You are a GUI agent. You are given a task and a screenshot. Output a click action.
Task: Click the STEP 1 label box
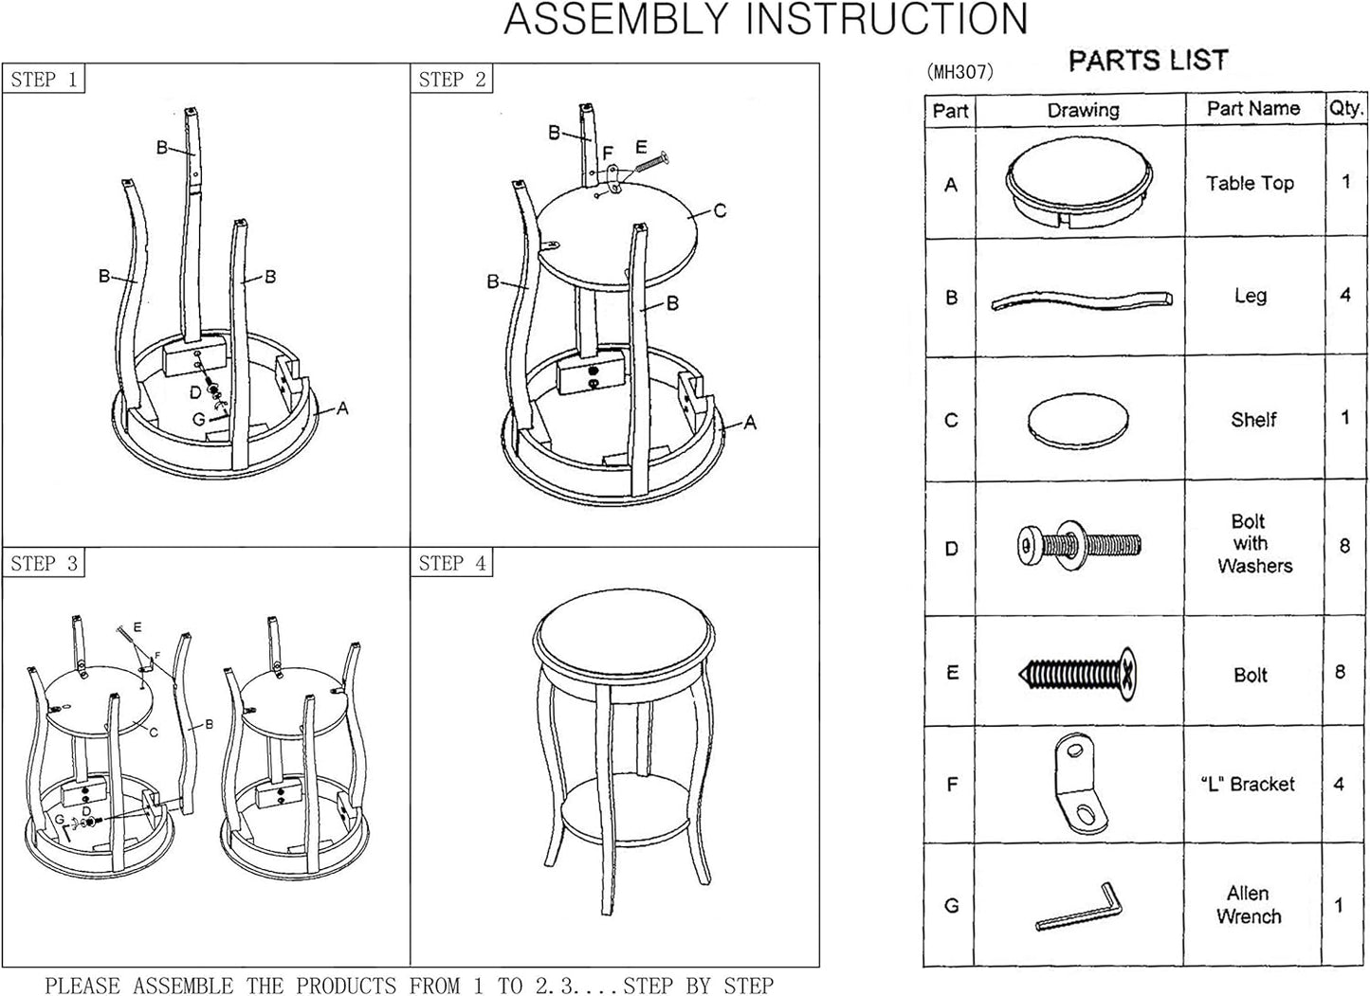44,79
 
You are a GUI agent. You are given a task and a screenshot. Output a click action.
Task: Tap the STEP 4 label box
452,563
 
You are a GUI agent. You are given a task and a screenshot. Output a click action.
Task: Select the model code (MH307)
960,72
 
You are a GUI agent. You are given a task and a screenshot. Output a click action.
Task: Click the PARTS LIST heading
1148,60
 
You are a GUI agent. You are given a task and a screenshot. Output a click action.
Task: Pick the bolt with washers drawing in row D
1079,545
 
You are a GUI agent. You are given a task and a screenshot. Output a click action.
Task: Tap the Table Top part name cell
1250,183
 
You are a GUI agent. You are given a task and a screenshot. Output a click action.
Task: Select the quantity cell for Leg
1345,296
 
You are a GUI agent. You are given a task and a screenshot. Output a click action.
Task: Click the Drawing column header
1083,110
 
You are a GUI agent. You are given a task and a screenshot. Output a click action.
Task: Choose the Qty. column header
1345,109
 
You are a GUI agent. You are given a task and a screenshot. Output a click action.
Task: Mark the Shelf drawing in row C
1078,420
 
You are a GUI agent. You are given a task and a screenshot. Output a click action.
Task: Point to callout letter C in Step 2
720,211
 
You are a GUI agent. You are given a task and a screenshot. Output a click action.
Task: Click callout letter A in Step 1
342,407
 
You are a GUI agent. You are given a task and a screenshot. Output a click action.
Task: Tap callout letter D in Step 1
195,392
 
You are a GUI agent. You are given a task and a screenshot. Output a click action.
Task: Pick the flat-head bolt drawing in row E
1078,675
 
